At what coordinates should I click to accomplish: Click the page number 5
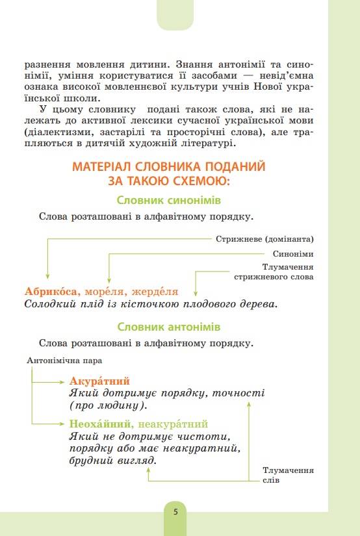tap(175, 511)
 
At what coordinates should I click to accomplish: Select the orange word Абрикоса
tap(51, 292)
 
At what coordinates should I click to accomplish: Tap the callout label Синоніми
tap(293, 254)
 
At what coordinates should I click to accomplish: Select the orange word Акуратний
tap(99, 381)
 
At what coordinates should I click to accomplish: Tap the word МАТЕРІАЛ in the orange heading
tap(108, 166)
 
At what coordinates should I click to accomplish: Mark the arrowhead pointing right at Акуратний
tap(64, 381)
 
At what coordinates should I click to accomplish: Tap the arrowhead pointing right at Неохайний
tap(64, 424)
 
